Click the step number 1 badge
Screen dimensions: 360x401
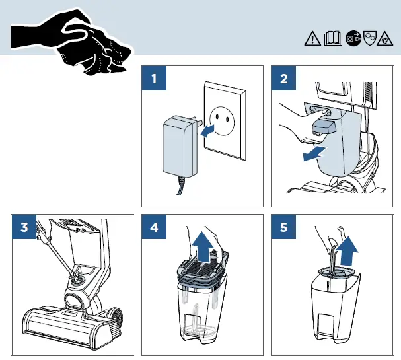click(154, 80)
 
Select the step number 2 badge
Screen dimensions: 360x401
click(284, 80)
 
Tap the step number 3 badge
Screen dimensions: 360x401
click(24, 228)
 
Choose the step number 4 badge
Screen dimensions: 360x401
click(154, 228)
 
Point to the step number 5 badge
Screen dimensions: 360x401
click(284, 228)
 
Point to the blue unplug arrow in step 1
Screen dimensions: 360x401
click(209, 131)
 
